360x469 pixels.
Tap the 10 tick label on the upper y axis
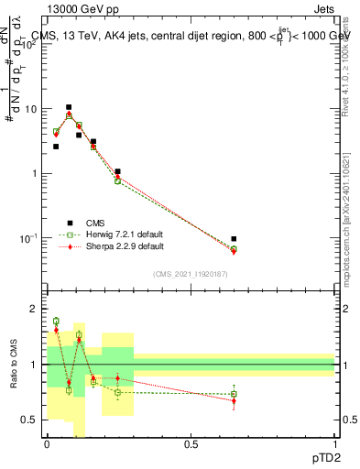coord(31,109)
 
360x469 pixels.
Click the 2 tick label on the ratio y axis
coord(34,310)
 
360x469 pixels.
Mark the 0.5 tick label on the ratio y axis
coord(29,420)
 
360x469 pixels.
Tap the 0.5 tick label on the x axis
coord(191,443)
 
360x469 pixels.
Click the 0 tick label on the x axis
coord(47,443)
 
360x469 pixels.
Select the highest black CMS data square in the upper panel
coord(69,107)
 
